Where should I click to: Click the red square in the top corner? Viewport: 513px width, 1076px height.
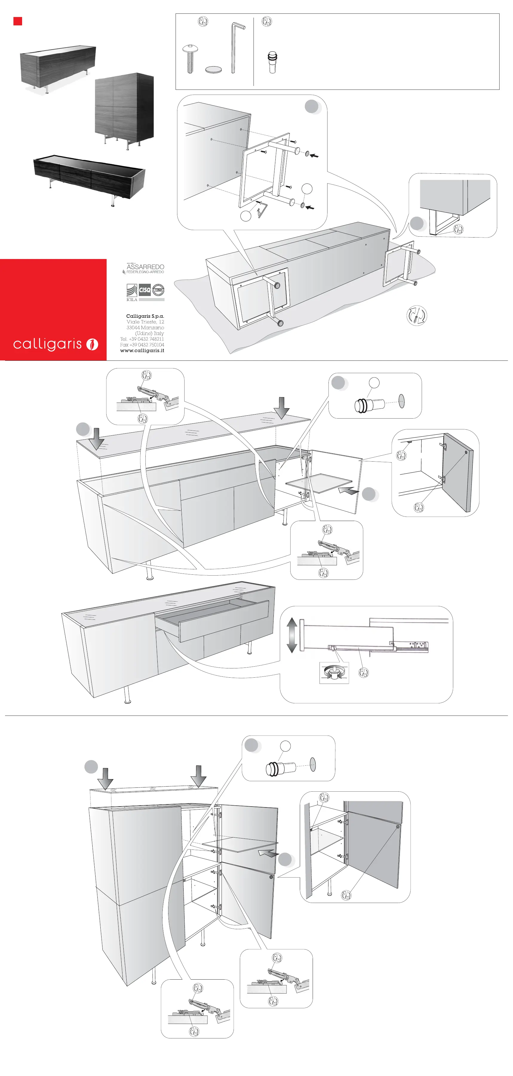pyautogui.click(x=18, y=21)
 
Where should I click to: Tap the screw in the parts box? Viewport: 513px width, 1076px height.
pyautogui.click(x=190, y=58)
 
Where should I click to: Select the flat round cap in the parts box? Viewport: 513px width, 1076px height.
pyautogui.click(x=213, y=69)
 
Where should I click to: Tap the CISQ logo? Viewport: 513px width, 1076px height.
pyautogui.click(x=145, y=290)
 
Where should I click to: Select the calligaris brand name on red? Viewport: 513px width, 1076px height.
pyautogui.click(x=47, y=344)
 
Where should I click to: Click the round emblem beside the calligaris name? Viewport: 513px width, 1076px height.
pyautogui.click(x=92, y=344)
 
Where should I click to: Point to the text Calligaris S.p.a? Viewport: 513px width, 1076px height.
pyautogui.click(x=145, y=316)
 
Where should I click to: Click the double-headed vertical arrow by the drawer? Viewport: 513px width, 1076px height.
pyautogui.click(x=292, y=635)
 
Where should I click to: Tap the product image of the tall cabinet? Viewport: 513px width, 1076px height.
pyautogui.click(x=124, y=109)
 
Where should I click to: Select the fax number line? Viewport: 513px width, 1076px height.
pyautogui.click(x=142, y=345)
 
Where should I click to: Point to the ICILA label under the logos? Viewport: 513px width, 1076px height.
pyautogui.click(x=132, y=300)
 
